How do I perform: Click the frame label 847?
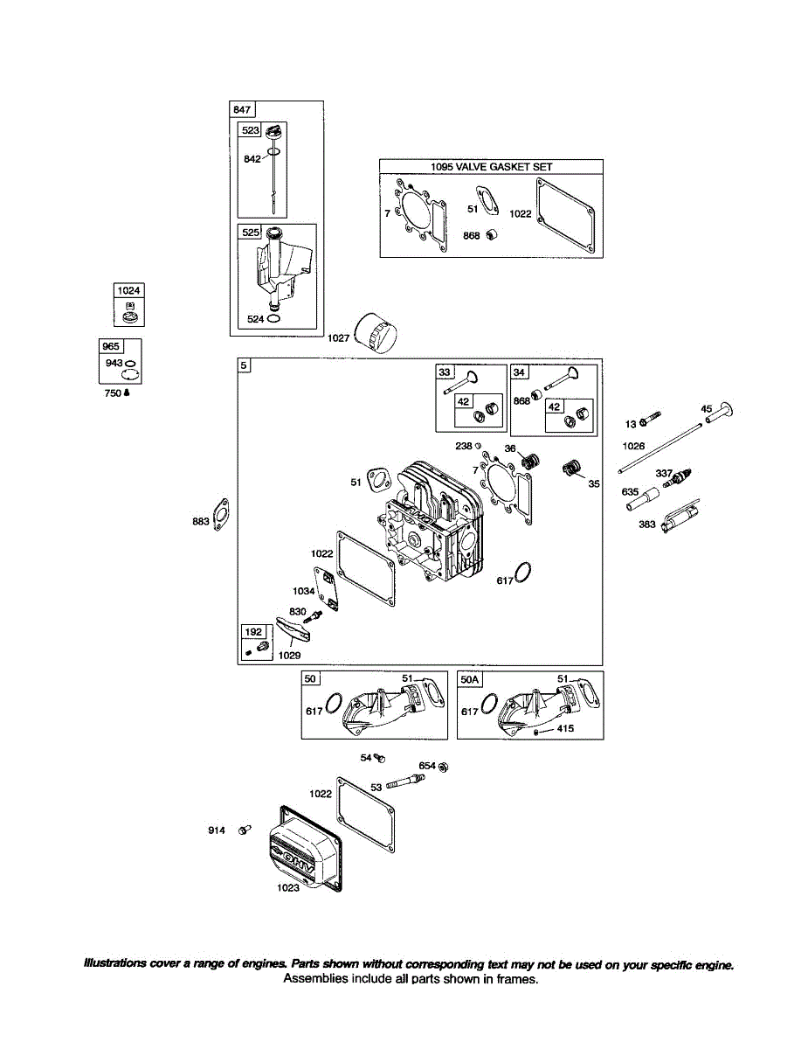click(241, 109)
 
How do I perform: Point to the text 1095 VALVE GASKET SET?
click(491, 167)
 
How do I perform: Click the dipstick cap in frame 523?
click(273, 132)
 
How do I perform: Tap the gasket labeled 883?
click(222, 517)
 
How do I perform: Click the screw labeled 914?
click(244, 829)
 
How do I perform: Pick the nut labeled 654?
click(443, 767)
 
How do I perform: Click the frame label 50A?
click(469, 679)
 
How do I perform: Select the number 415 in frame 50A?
click(565, 728)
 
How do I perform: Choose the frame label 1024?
click(128, 290)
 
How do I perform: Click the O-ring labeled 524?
click(274, 320)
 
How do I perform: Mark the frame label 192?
click(252, 631)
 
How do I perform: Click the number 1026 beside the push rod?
click(634, 446)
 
